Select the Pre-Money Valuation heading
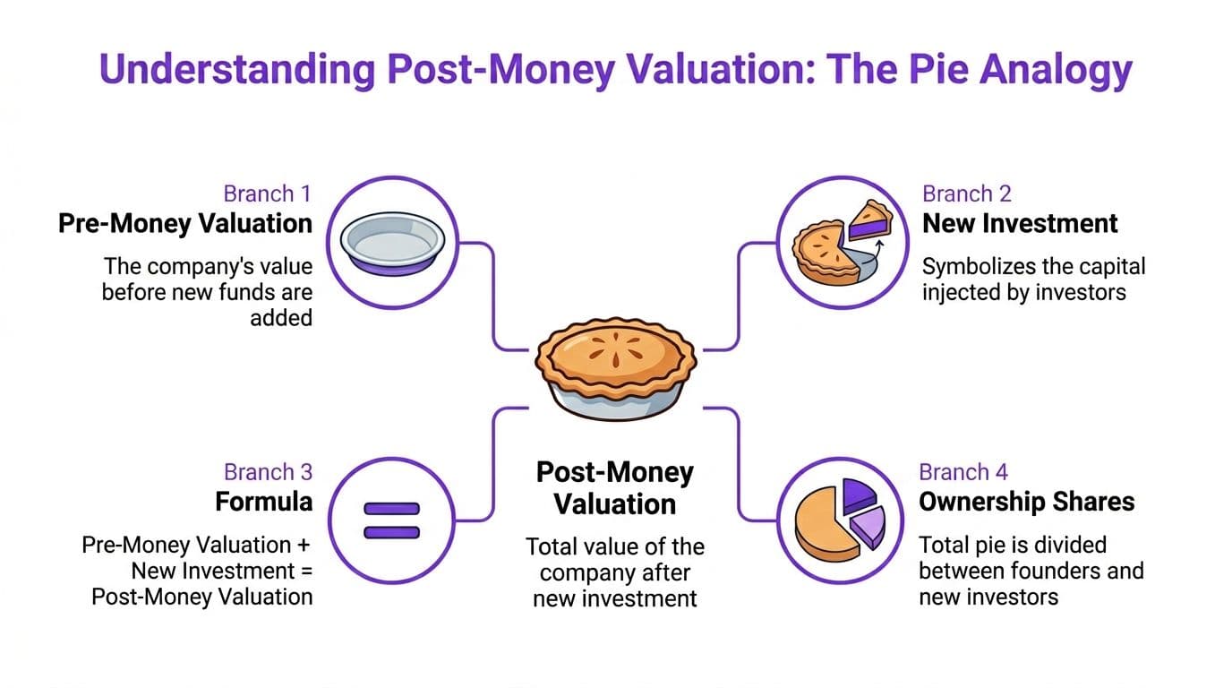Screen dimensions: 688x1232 tap(185, 223)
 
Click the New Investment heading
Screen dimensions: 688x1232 tap(1020, 223)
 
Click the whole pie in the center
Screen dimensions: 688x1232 tap(615, 369)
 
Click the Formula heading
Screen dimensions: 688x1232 tap(263, 502)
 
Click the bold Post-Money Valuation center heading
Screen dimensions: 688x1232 tap(615, 488)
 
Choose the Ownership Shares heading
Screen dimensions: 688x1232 tap(1027, 502)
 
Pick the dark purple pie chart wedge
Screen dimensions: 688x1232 tap(859, 494)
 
